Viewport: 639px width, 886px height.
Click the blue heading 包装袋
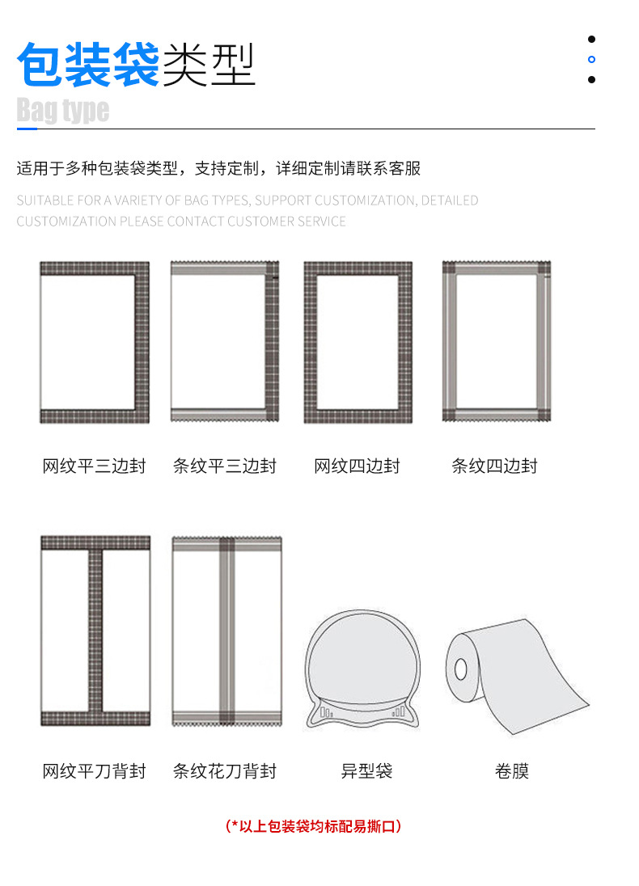89,65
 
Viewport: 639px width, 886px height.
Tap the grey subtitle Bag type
63,110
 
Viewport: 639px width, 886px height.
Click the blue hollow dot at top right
591,59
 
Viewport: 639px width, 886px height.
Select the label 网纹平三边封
94,466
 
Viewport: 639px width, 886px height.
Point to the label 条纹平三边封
225,466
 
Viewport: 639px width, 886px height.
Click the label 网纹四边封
357,466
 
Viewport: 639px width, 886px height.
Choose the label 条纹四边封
494,466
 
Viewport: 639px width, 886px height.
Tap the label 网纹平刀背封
94,770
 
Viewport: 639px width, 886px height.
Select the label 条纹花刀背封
225,770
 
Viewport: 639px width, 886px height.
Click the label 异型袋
366,770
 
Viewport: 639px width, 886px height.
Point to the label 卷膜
512,770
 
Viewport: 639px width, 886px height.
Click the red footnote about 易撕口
313,826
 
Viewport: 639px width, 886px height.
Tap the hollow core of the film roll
461,669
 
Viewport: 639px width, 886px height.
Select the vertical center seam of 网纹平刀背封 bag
95,631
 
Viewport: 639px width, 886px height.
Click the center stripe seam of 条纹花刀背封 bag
226,631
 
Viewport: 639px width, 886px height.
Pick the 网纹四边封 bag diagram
358,343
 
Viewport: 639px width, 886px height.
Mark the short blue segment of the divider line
28,129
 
